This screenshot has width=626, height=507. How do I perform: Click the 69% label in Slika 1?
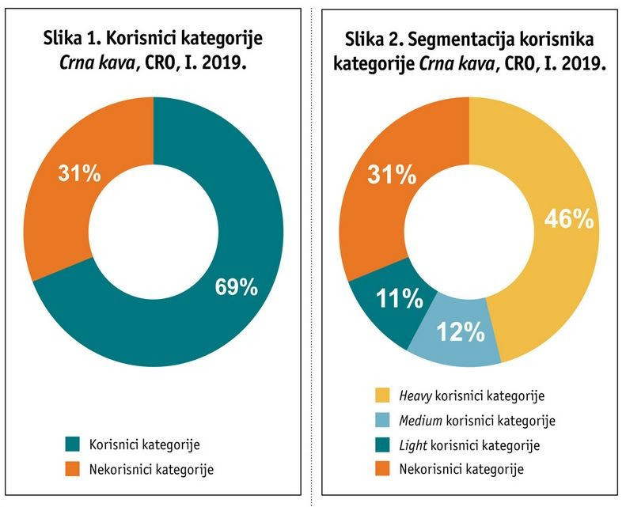(x=237, y=286)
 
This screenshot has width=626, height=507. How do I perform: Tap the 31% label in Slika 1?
(x=79, y=173)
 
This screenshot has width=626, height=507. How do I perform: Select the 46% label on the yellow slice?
(x=570, y=218)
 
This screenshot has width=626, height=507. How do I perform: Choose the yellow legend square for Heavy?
(x=383, y=394)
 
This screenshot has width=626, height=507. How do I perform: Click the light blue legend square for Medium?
(x=383, y=419)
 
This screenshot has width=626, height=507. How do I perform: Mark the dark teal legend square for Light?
(x=383, y=445)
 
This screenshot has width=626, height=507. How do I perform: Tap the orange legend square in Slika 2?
(x=383, y=469)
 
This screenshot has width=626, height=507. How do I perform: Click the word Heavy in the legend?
(x=417, y=394)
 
